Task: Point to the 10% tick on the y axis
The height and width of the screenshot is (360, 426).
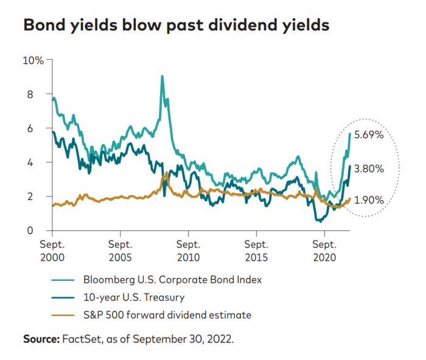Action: click(x=33, y=60)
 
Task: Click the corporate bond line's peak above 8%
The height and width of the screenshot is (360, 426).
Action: click(x=162, y=77)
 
